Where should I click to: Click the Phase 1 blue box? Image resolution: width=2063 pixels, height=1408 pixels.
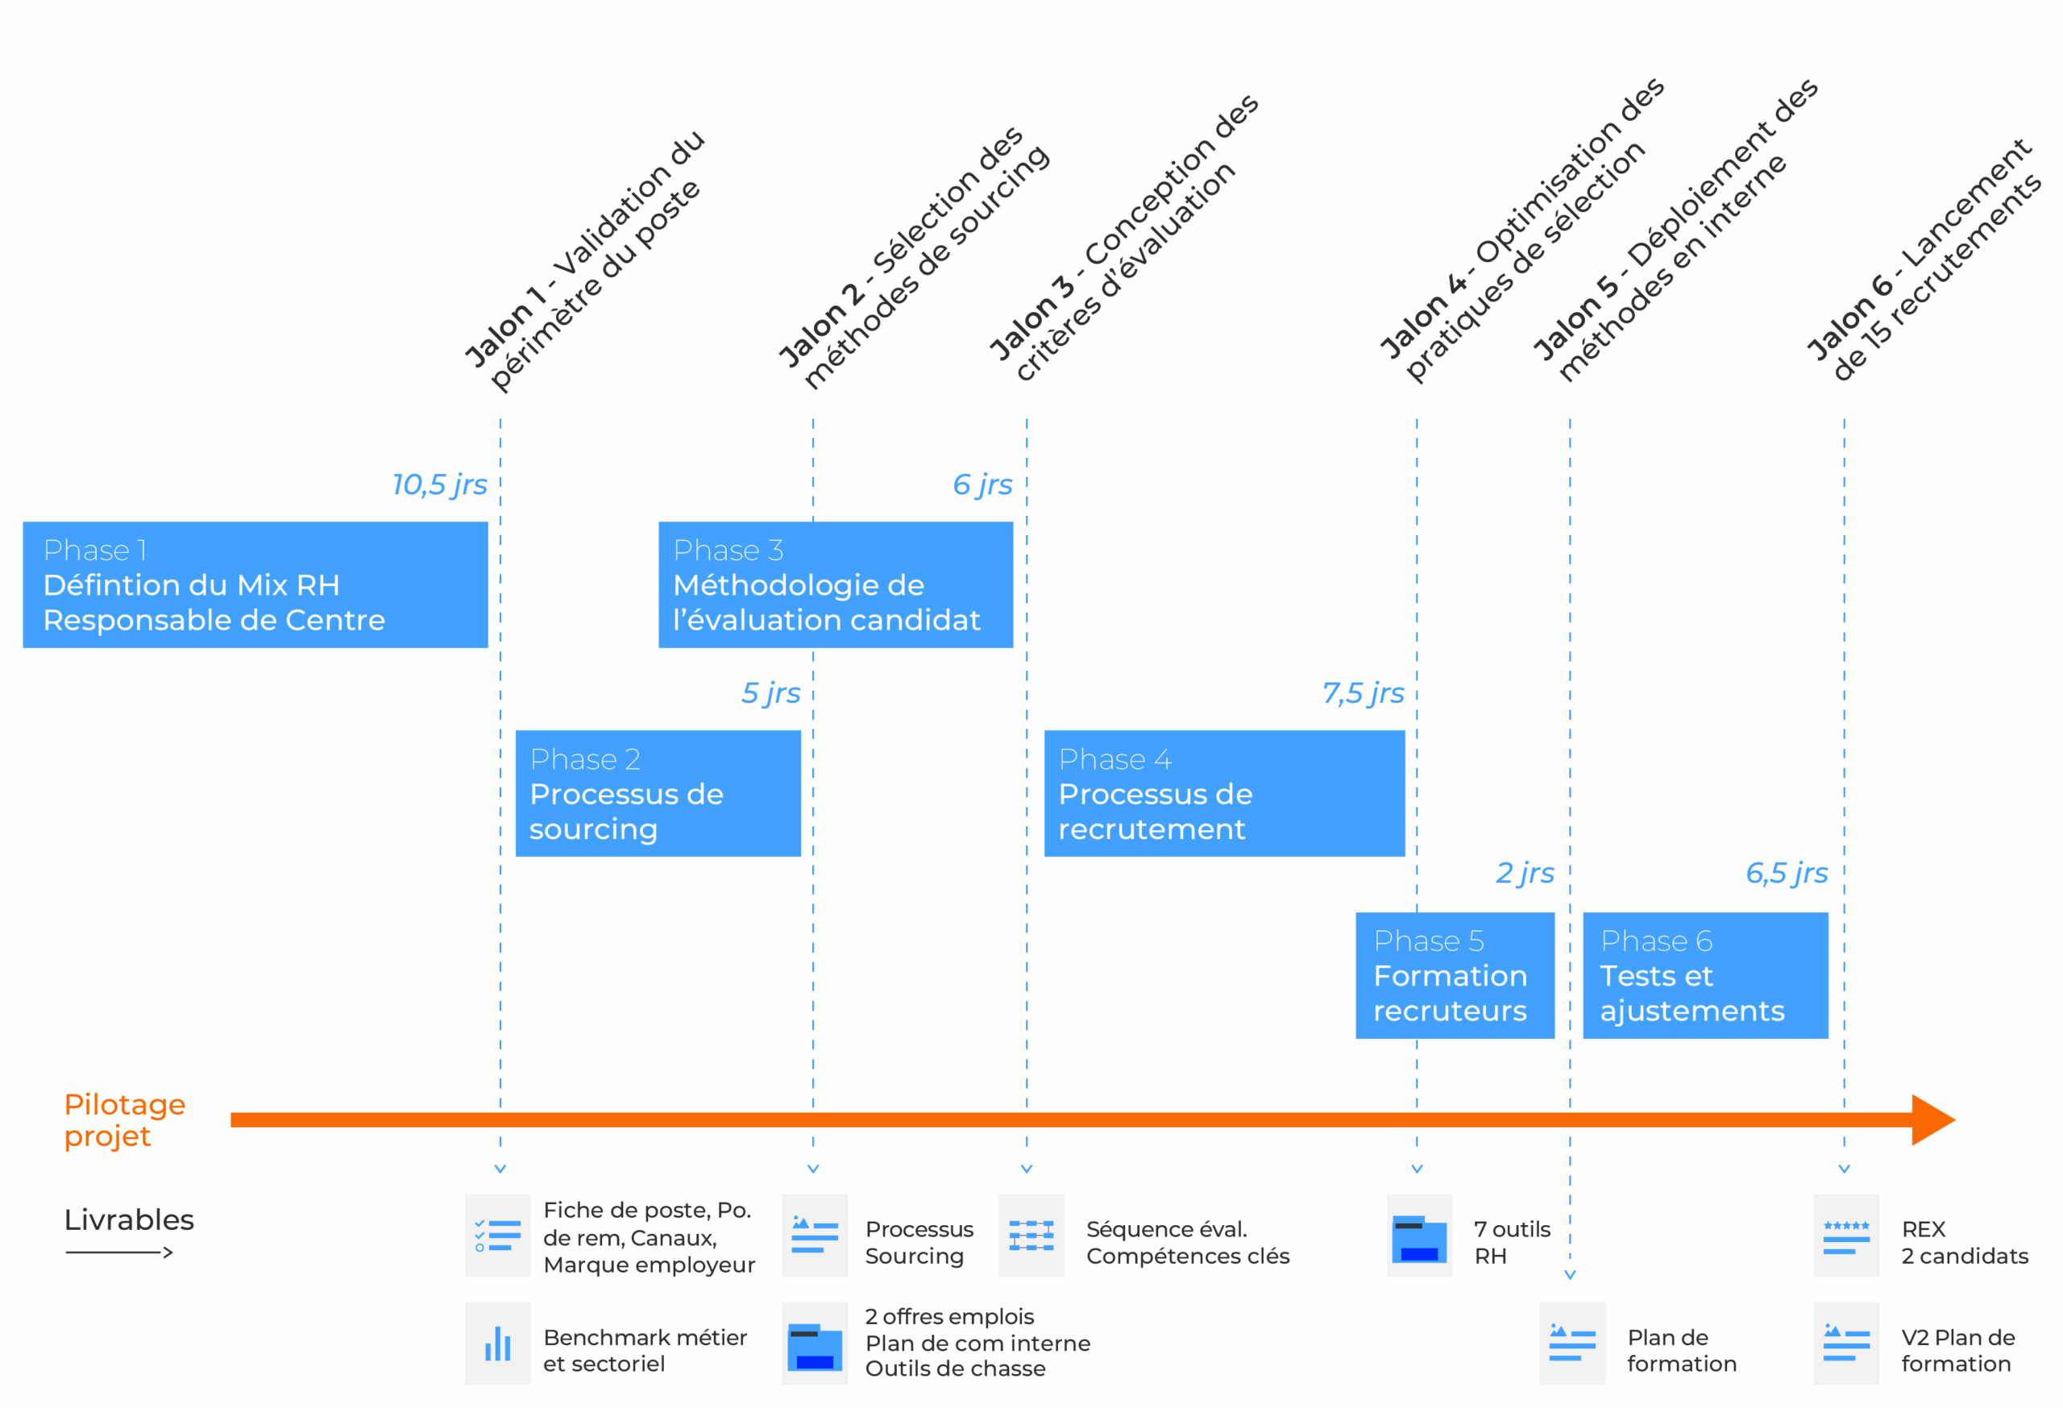point(255,584)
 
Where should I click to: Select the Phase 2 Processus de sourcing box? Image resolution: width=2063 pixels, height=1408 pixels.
point(658,793)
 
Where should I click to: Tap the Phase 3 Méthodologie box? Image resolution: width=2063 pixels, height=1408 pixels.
point(836,584)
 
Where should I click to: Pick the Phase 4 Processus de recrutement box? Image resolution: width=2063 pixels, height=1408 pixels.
point(1224,793)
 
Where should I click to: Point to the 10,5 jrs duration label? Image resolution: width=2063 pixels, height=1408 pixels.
point(439,484)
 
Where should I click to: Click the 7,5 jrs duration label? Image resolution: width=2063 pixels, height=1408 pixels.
point(1363,693)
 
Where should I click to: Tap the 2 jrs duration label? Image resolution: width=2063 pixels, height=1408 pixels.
point(1524,874)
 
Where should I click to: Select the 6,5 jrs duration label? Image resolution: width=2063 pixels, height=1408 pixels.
point(1786,874)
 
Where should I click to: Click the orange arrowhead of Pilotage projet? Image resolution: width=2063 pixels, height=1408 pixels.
point(1932,1119)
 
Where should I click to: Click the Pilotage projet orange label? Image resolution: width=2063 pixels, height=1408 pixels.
point(124,1119)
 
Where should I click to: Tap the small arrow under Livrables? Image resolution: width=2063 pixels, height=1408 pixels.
point(119,1252)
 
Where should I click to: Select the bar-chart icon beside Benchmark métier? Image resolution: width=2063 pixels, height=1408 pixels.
point(497,1344)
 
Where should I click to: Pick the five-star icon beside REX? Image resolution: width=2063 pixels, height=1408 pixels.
point(1846,1236)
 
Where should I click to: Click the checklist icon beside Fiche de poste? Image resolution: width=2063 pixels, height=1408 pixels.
point(497,1236)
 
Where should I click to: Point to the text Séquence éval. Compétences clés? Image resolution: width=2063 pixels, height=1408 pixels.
point(1187,1242)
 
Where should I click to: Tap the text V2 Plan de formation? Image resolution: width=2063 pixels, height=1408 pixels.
point(1957,1350)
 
